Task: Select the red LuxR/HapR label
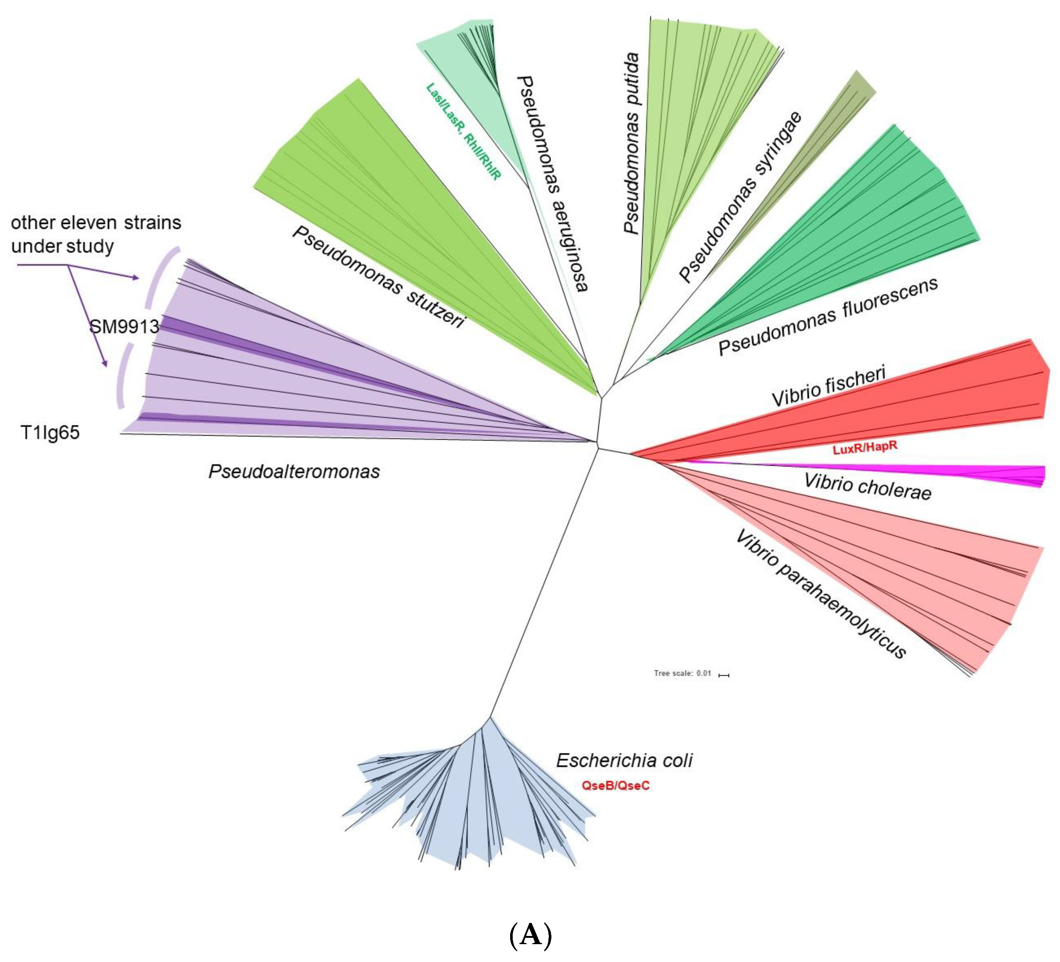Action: (865, 448)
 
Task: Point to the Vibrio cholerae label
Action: (868, 486)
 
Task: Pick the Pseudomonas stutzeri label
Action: (379, 277)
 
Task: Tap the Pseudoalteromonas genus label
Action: (294, 472)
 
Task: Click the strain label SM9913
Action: (124, 327)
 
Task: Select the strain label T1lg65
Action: (50, 433)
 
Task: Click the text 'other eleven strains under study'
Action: (96, 234)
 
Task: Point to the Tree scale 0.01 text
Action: (682, 673)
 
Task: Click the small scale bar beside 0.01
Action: (724, 675)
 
